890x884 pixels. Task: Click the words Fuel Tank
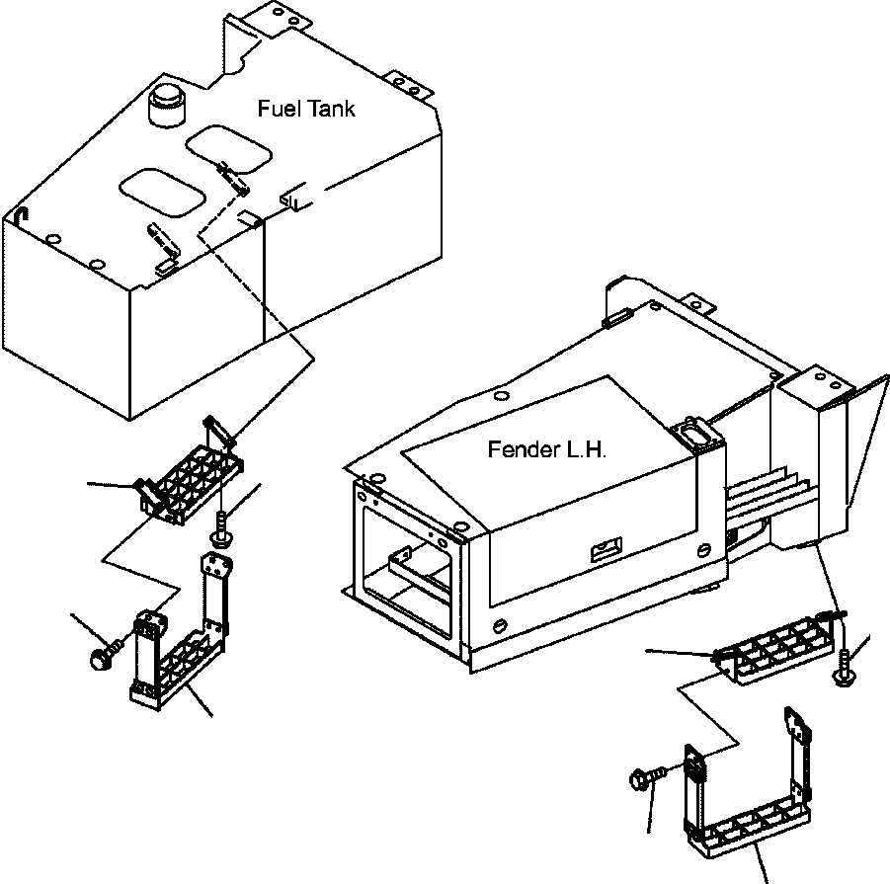pyautogui.click(x=306, y=109)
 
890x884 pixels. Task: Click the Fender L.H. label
pyautogui.click(x=547, y=450)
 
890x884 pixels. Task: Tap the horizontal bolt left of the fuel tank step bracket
pyautogui.click(x=106, y=653)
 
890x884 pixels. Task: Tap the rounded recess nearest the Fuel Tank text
pyautogui.click(x=229, y=149)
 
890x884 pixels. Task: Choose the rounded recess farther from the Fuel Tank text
pyautogui.click(x=162, y=193)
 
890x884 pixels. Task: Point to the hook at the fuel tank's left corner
pyautogui.click(x=21, y=215)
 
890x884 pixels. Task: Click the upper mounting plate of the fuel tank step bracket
pyautogui.click(x=216, y=565)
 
